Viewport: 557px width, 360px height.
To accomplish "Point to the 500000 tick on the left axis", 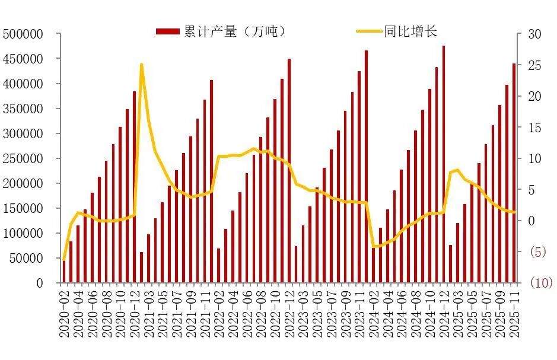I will (x=23, y=34).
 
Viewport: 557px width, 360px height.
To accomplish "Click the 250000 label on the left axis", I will (x=23, y=159).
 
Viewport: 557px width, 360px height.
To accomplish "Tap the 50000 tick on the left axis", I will (x=26, y=259).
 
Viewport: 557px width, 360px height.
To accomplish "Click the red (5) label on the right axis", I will (x=536, y=252).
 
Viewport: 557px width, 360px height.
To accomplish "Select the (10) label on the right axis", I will (x=540, y=283).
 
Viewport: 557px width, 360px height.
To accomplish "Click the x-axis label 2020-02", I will (x=64, y=311).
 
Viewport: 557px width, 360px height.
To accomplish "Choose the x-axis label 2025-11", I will (x=514, y=311).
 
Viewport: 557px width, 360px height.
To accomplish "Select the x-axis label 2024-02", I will (x=374, y=311).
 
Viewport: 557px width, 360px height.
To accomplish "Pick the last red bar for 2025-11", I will (x=514, y=172).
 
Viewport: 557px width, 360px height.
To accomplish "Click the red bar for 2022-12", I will (x=289, y=172).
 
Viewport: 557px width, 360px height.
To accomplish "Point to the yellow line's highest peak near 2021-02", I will (x=141, y=64).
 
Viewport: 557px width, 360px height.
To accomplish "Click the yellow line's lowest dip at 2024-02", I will (x=374, y=246).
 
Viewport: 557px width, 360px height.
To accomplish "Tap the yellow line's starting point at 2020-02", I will (x=64, y=259).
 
